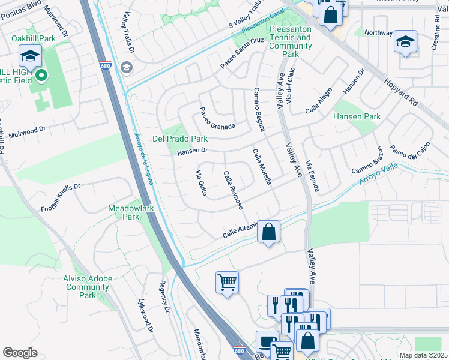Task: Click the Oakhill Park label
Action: tap(34, 38)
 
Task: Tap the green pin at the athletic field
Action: tap(41, 76)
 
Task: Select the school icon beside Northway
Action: tap(406, 42)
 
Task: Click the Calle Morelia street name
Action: tap(262, 167)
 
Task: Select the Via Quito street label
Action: tap(201, 184)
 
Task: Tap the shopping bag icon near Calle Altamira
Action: tap(269, 230)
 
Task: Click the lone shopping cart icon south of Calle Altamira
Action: tap(227, 282)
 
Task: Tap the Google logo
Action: tap(20, 352)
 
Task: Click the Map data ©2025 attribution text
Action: tap(423, 355)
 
